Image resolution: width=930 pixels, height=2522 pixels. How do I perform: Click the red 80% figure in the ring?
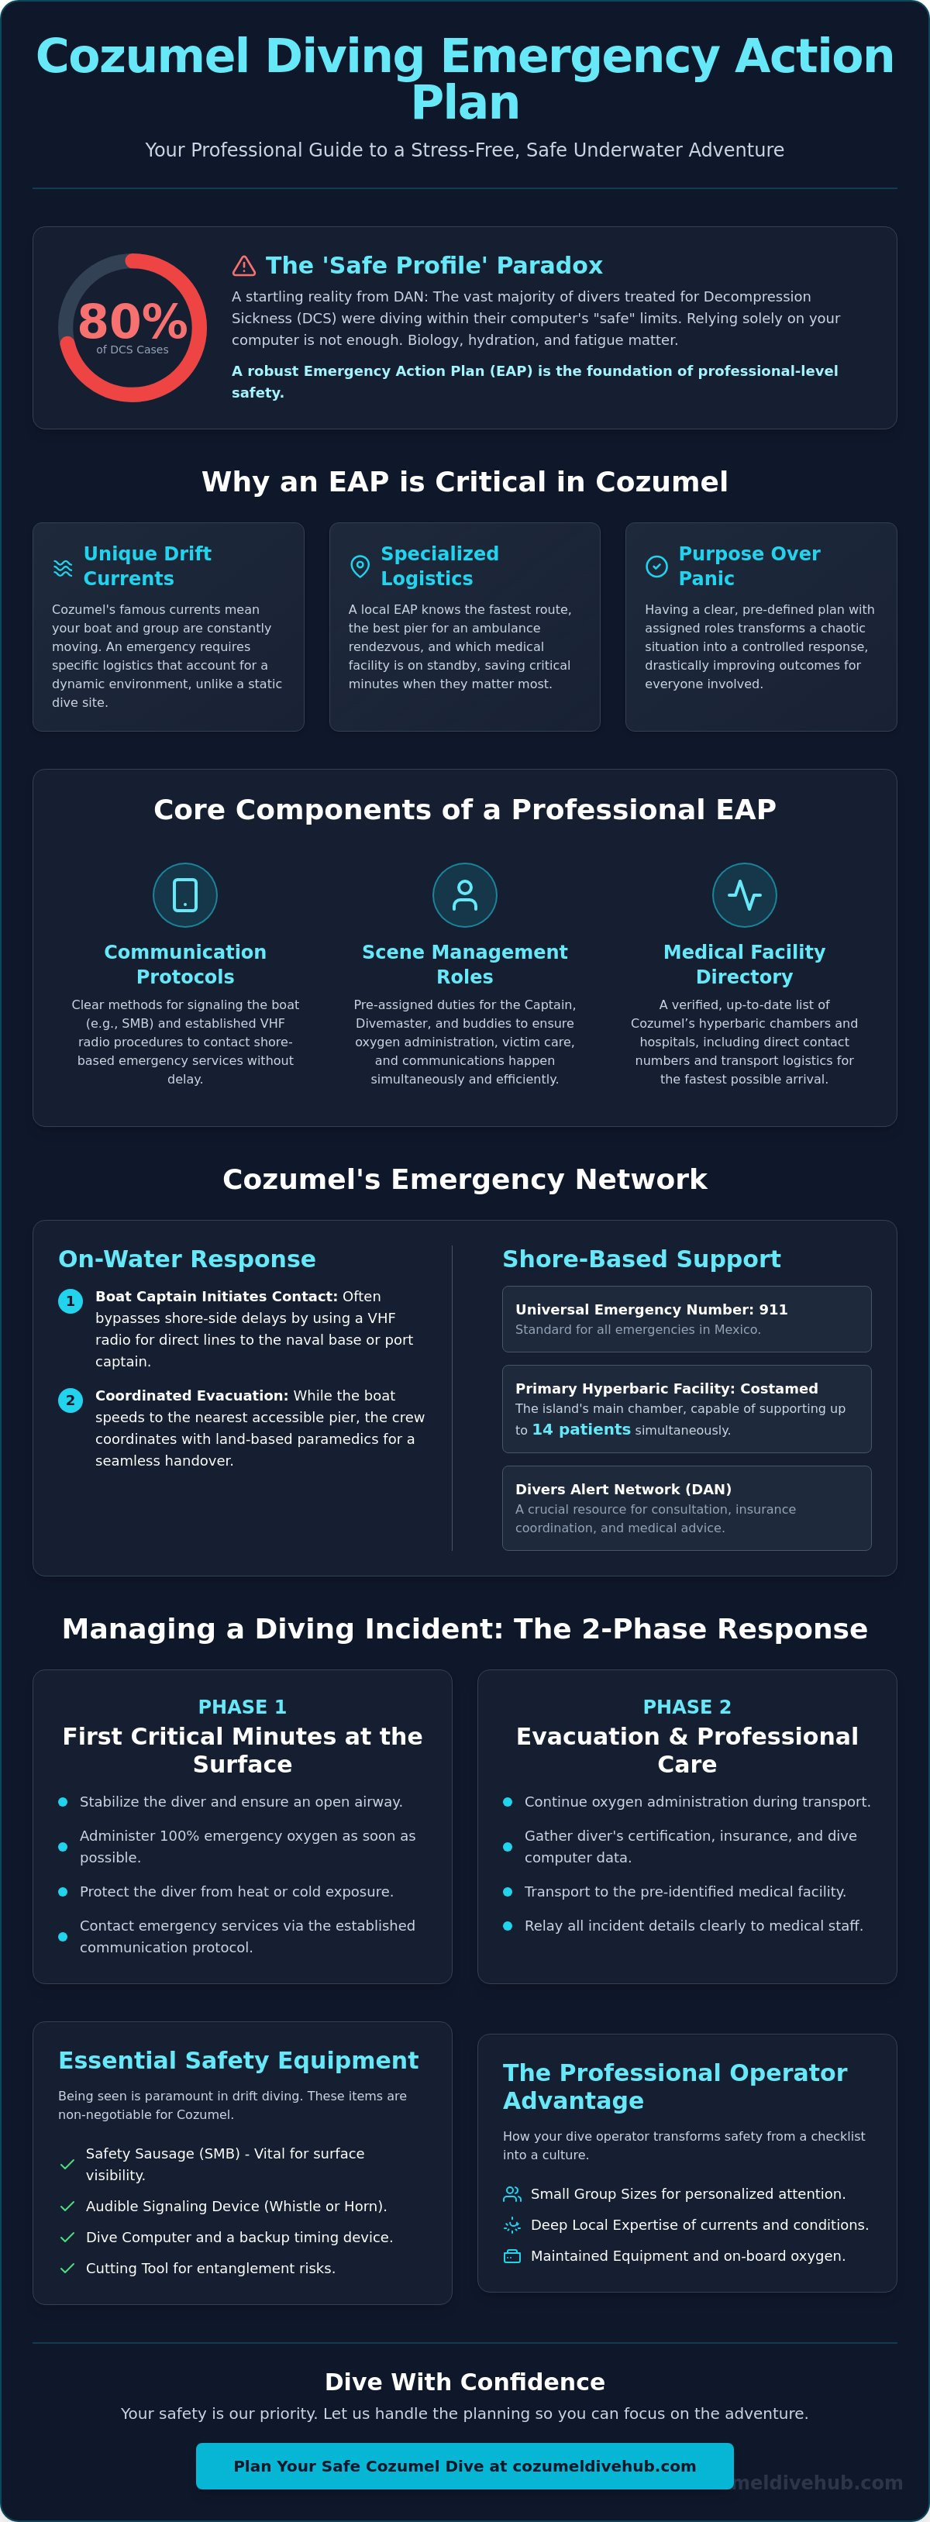click(x=133, y=321)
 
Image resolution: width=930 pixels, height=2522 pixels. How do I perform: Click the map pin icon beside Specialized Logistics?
click(x=360, y=566)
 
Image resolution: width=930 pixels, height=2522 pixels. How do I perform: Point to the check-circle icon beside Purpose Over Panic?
click(x=656, y=566)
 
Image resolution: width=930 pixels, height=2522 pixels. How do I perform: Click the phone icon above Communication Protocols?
click(x=185, y=895)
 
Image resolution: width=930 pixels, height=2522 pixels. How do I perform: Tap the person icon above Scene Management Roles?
click(x=465, y=895)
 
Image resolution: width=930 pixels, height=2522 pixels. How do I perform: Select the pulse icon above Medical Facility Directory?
click(x=744, y=895)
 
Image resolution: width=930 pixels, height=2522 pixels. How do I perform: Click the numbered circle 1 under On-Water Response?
click(x=71, y=1301)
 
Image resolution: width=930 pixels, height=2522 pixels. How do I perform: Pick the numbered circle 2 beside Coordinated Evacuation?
click(x=71, y=1400)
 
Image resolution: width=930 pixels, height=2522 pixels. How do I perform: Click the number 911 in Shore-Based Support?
click(x=773, y=1309)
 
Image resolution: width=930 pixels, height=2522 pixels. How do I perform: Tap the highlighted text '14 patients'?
click(x=580, y=1429)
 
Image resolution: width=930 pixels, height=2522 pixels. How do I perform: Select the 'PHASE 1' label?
click(x=242, y=1707)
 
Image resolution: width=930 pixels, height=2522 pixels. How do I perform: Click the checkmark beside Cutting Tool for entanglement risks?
click(x=67, y=2269)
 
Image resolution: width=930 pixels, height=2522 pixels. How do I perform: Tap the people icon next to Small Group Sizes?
click(x=512, y=2194)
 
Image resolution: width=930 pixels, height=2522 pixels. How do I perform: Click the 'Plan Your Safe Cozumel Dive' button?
click(x=464, y=2466)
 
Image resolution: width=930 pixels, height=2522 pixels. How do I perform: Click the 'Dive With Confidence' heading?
click(x=465, y=2382)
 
